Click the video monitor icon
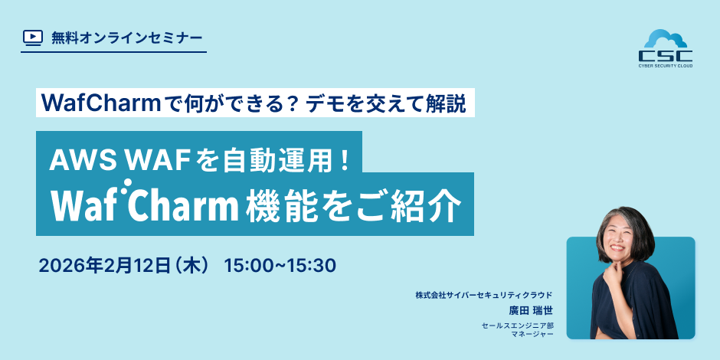coord(33,38)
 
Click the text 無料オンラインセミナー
coord(126,38)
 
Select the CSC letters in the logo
coord(666,56)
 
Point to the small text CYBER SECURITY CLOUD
coord(666,66)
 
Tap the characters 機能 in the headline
coord(280,205)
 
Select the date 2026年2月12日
coord(105,266)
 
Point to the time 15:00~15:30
coord(280,266)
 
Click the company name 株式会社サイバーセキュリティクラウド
coord(483,295)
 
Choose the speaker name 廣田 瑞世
coord(530,310)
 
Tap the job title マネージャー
coord(532,334)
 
